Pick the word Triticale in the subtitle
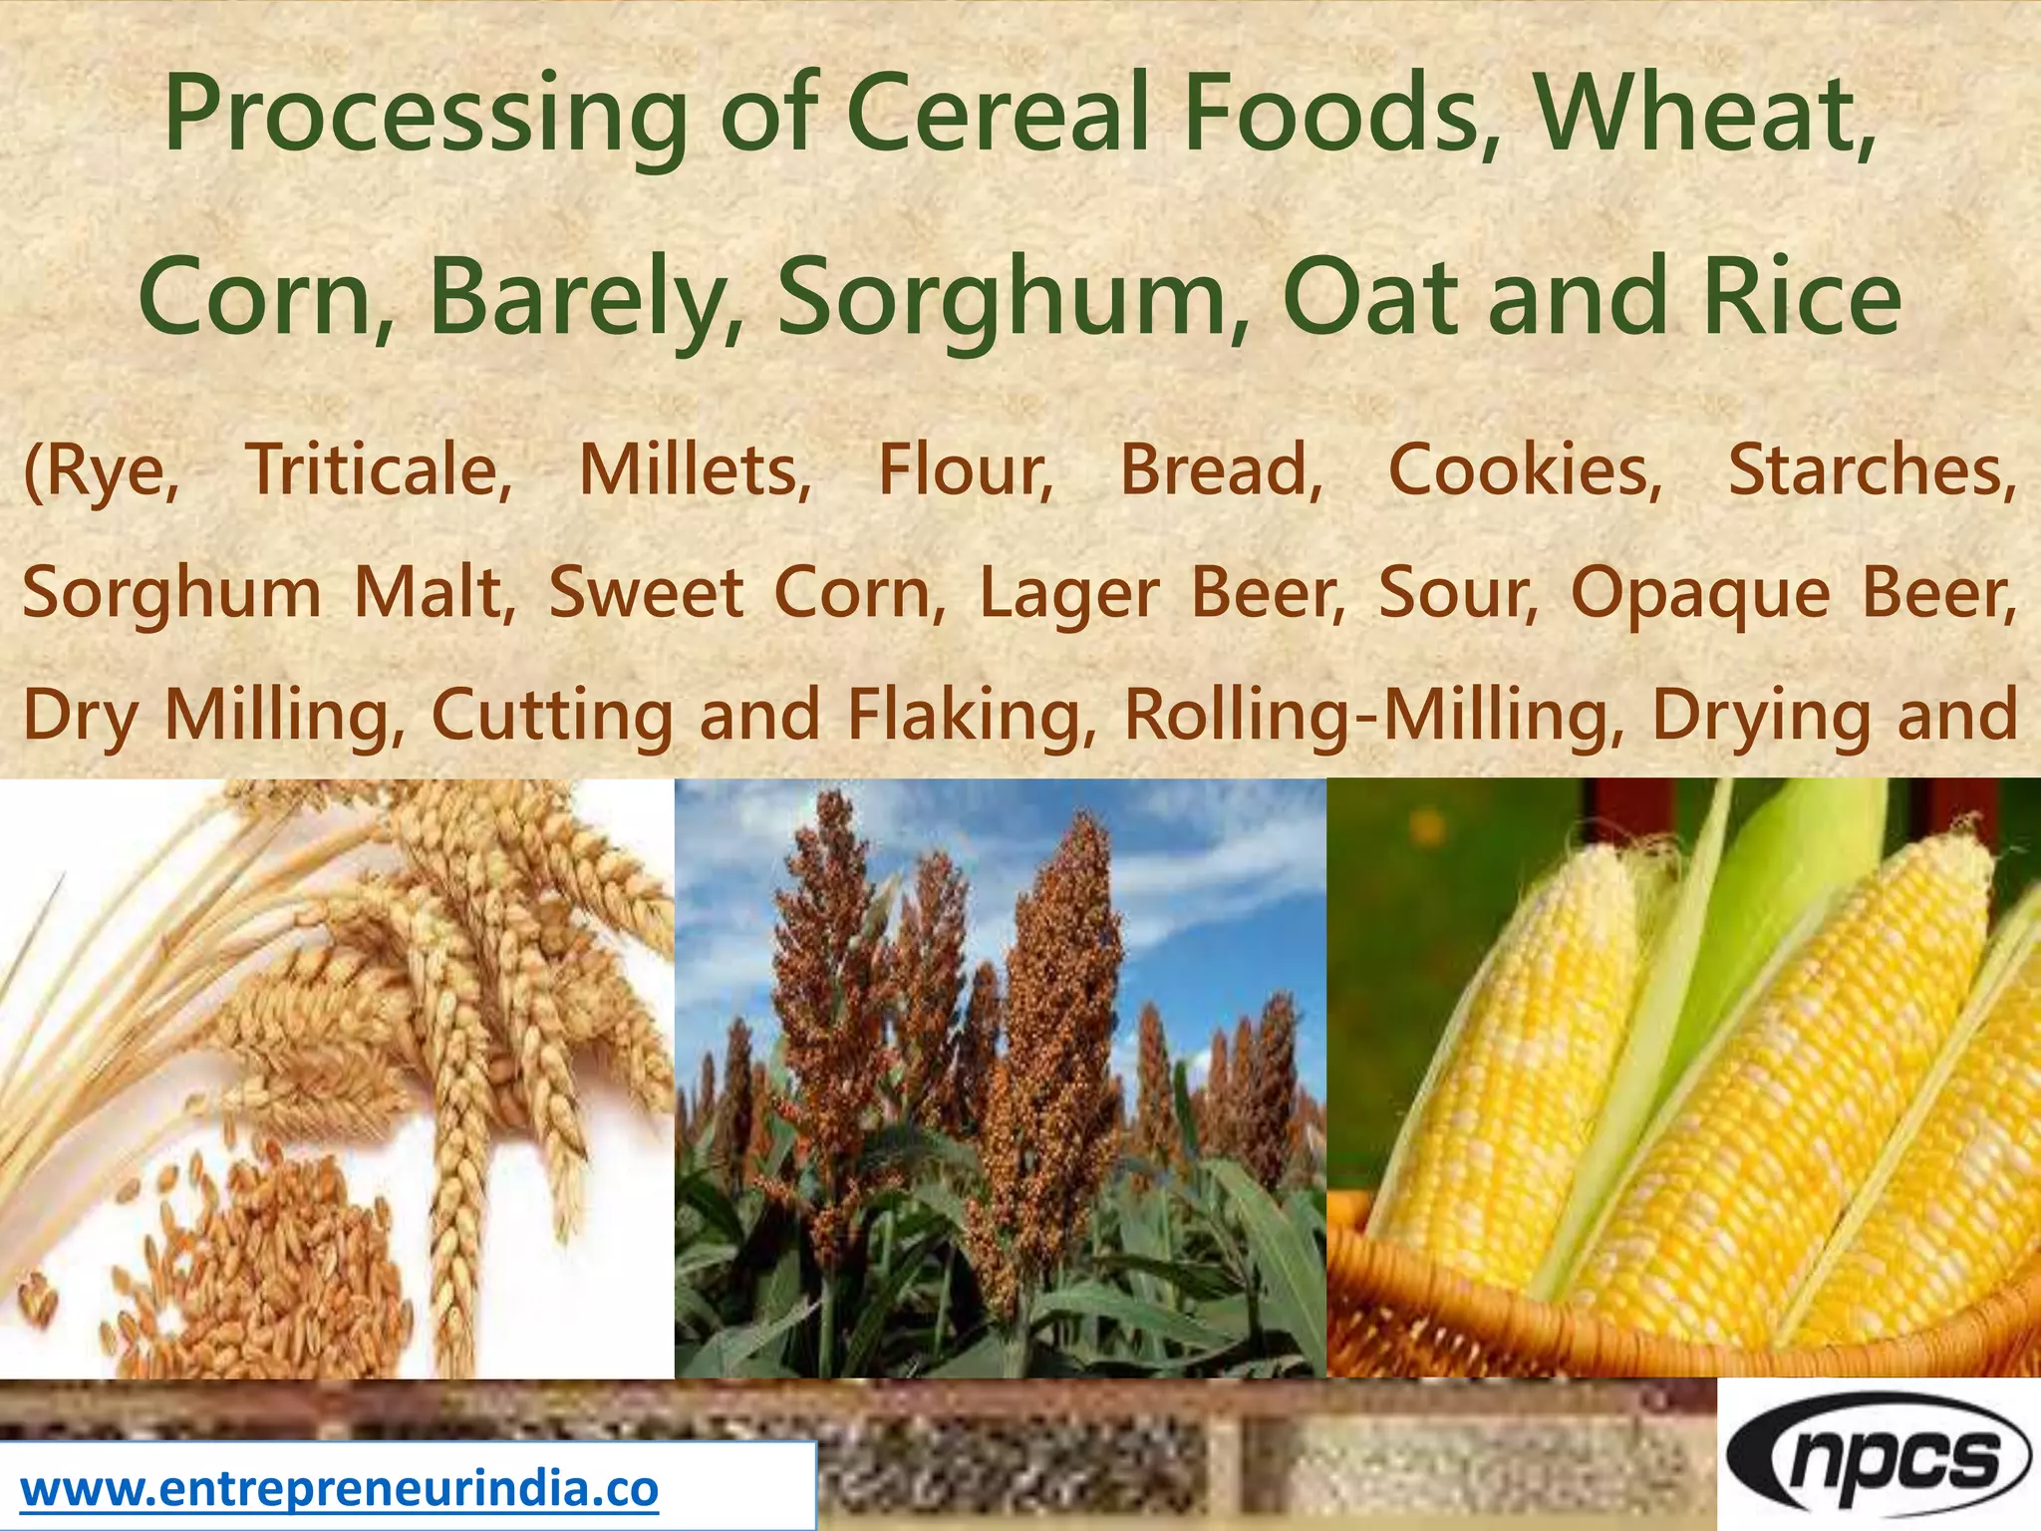pyautogui.click(x=379, y=469)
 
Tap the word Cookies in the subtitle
pyautogui.click(x=1525, y=469)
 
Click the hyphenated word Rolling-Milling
pyautogui.click(x=1374, y=716)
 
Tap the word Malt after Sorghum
pyautogui.click(x=435, y=592)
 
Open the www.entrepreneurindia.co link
pyautogui.click(x=339, y=1489)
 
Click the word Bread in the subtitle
pyautogui.click(x=1221, y=469)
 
